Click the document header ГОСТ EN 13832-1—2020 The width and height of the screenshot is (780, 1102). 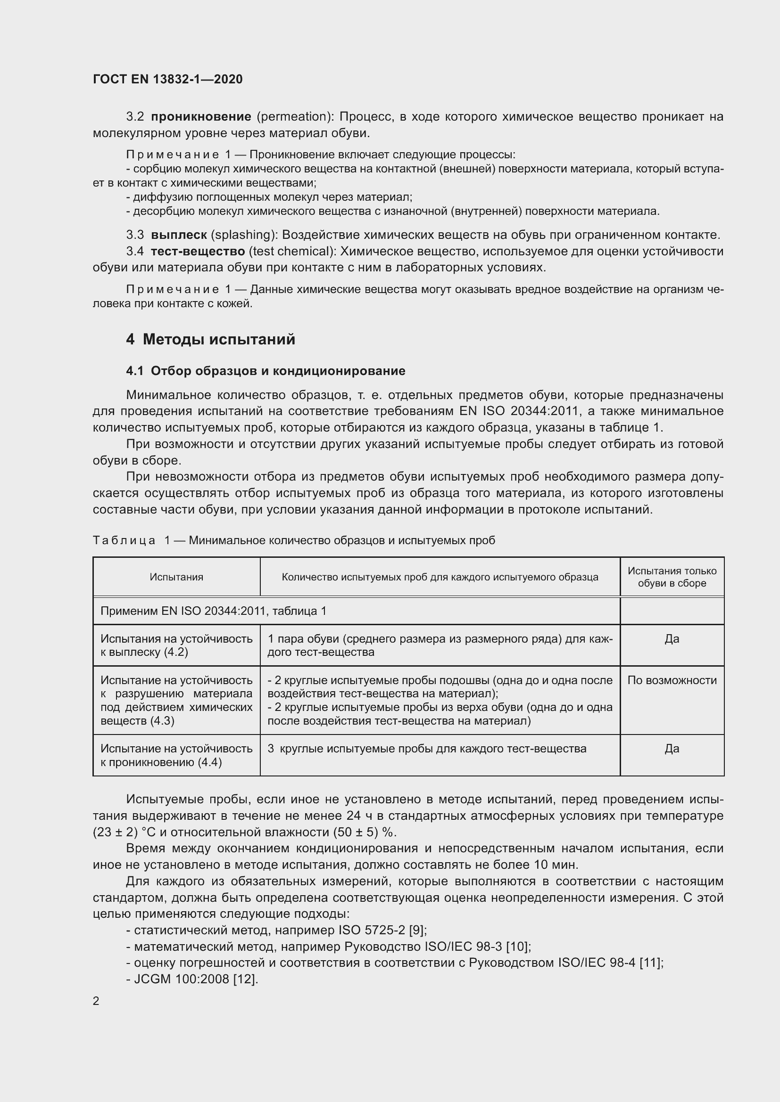(167, 79)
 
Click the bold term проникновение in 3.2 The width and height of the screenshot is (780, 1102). (201, 117)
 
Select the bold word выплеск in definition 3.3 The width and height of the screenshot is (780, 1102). (179, 235)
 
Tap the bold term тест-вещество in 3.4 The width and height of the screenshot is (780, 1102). (198, 251)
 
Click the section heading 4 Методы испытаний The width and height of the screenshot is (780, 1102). (210, 339)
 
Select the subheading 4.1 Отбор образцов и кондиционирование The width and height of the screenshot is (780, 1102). (266, 370)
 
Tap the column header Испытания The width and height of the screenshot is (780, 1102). (176, 577)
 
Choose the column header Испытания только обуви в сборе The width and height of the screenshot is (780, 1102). (672, 577)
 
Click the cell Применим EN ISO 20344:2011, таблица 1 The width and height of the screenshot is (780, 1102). (213, 611)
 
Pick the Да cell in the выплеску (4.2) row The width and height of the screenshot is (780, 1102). (672, 639)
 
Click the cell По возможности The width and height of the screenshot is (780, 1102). (672, 680)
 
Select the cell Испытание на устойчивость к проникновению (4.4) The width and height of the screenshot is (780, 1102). (176, 755)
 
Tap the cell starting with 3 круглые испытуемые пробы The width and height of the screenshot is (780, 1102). (426, 749)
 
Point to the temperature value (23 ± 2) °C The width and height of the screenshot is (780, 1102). (122, 832)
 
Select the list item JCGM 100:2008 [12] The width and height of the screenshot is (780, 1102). (196, 979)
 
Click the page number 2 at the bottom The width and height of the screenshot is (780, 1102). (96, 1001)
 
